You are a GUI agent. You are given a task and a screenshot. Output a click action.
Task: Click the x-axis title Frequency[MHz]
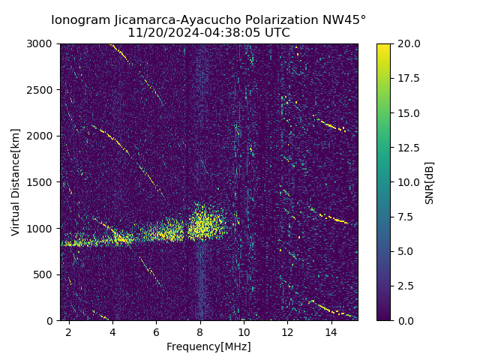coord(208,346)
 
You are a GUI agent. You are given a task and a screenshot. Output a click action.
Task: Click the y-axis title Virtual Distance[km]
coord(16,182)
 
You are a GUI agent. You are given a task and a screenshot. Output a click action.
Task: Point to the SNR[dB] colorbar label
coord(430,182)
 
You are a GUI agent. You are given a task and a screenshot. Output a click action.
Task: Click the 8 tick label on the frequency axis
coord(200,331)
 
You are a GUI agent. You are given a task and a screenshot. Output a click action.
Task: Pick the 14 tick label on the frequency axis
coord(331,331)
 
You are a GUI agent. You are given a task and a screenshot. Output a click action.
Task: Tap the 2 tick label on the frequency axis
coord(68,331)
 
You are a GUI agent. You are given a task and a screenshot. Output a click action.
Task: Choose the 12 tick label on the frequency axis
coord(288,331)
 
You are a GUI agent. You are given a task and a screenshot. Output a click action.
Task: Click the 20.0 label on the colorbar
coord(407,43)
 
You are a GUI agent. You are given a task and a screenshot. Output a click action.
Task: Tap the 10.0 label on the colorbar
coord(407,182)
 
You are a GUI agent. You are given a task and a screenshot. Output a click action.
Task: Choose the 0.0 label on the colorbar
coord(405,320)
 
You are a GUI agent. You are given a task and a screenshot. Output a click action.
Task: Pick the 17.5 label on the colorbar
coord(407,78)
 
